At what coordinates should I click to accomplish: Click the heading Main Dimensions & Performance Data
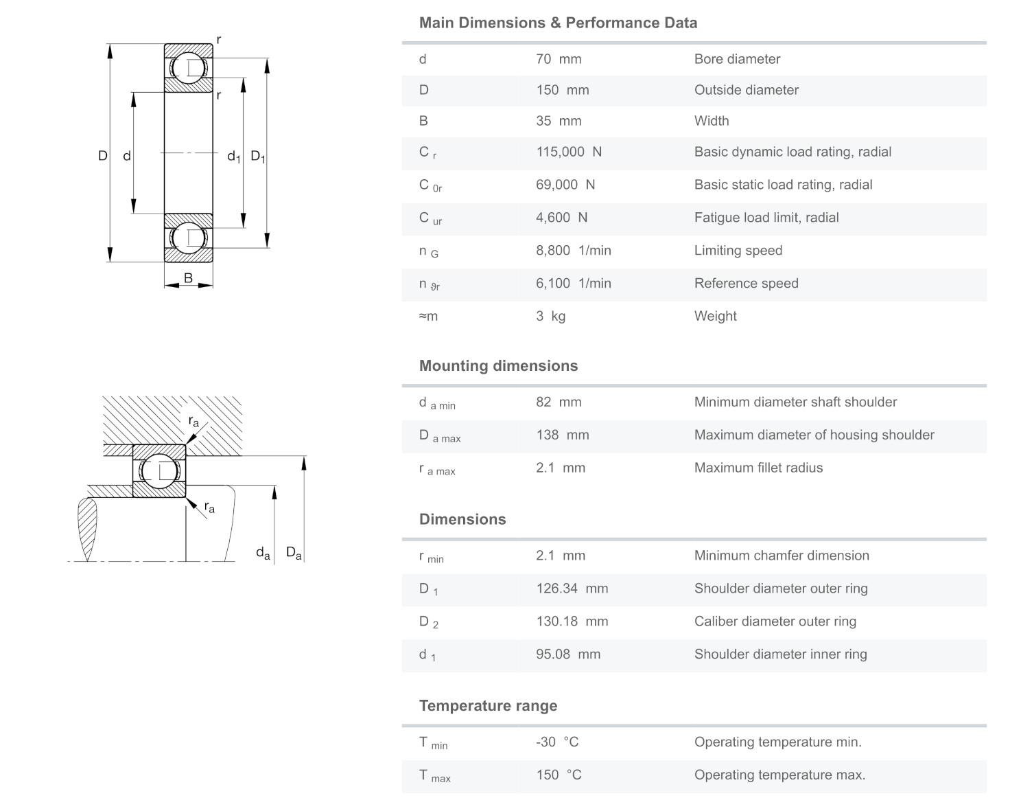point(558,23)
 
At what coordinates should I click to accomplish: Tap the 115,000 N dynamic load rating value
point(568,152)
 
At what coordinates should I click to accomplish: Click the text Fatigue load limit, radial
point(766,218)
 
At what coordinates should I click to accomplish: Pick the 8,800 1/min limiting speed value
point(573,251)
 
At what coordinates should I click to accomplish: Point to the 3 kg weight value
point(550,317)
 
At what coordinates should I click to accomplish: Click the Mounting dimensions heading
point(498,366)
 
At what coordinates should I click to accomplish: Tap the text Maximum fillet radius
point(758,468)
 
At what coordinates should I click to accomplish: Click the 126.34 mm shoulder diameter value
point(572,589)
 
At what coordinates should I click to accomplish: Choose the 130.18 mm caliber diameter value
point(572,622)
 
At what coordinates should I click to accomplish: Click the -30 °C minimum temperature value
point(556,742)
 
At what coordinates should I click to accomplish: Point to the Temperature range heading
point(488,706)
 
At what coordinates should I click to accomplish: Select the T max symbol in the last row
point(434,775)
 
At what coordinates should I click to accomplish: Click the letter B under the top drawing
point(188,278)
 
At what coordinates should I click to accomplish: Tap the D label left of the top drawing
point(102,156)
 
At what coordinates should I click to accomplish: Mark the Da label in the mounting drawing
point(294,552)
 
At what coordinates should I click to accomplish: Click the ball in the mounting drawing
point(159,470)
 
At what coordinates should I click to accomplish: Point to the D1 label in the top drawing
point(257,157)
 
